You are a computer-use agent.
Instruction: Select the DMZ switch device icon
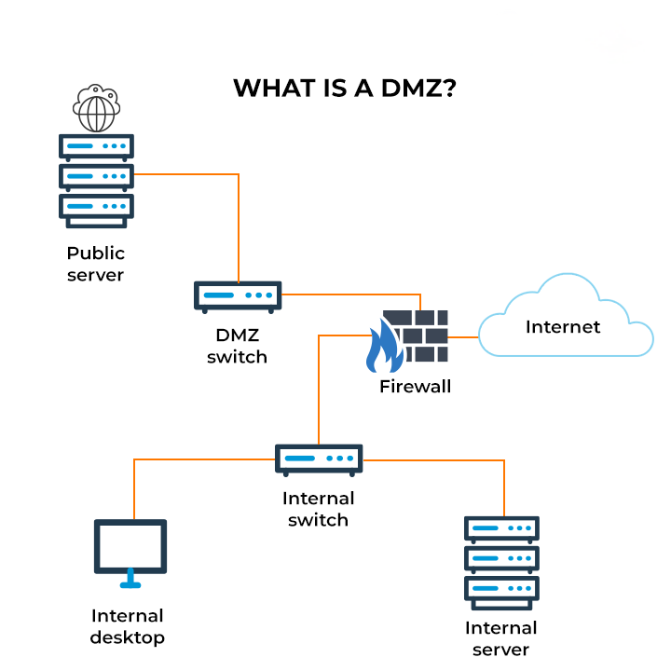pos(238,296)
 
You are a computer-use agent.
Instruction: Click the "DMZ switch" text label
pos(237,346)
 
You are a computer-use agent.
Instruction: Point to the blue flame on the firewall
pos(382,347)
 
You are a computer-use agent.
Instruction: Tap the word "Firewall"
pos(415,386)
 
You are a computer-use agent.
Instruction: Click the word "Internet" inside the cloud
pos(563,326)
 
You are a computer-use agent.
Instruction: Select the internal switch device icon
pos(319,459)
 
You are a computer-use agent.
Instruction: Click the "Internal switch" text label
pos(318,509)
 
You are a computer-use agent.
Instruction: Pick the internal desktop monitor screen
pos(130,546)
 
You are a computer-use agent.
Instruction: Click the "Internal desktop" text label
pos(128,626)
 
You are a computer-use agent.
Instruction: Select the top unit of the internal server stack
pos(501,529)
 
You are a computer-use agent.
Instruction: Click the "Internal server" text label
pos(500,638)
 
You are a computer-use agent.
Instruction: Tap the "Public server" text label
pos(95,264)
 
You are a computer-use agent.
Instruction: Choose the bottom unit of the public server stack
pos(96,206)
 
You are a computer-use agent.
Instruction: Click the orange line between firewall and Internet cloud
pos(463,336)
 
